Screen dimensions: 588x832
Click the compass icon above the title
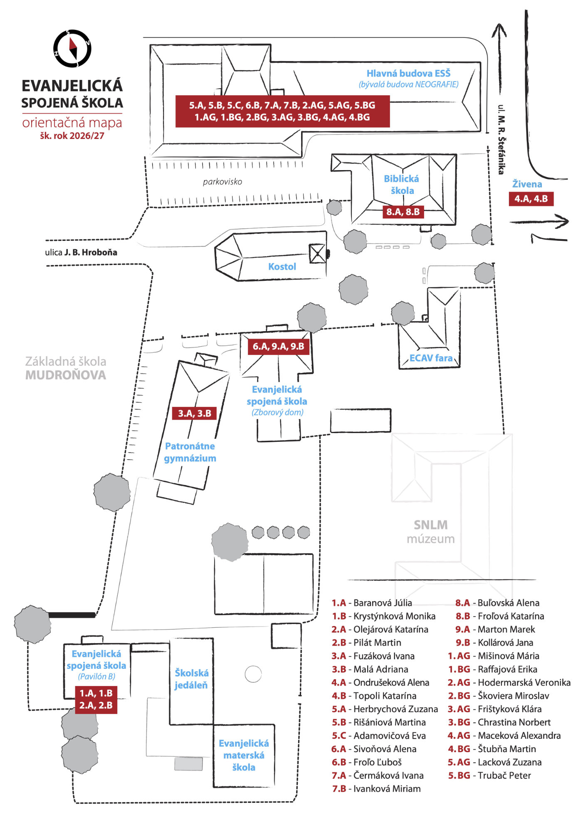pos(72,48)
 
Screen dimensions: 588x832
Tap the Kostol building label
pos(282,267)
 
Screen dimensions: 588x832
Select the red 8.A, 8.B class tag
pos(403,212)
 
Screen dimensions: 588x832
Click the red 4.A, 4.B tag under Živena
pos(531,199)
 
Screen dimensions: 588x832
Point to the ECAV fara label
pos(431,358)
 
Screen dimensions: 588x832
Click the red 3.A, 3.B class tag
pos(195,413)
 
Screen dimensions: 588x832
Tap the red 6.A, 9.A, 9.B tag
pos(279,346)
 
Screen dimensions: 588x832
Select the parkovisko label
pos(222,182)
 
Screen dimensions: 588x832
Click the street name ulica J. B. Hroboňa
pos(81,253)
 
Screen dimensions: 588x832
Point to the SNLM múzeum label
pos(431,532)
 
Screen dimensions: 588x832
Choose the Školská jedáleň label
pos(191,679)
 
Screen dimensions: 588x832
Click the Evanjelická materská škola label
pos(244,755)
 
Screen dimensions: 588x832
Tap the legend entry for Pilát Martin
pos(366,643)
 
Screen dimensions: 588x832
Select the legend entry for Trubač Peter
pos(489,775)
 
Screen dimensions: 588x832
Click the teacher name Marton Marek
pos(506,629)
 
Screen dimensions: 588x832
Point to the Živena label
pos(527,184)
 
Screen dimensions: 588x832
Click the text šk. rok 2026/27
pos(72,136)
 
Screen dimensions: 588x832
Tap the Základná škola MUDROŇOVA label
pos(66,368)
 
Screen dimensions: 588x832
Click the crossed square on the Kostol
pos(318,253)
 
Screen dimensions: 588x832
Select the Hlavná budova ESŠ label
pos(408,73)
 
